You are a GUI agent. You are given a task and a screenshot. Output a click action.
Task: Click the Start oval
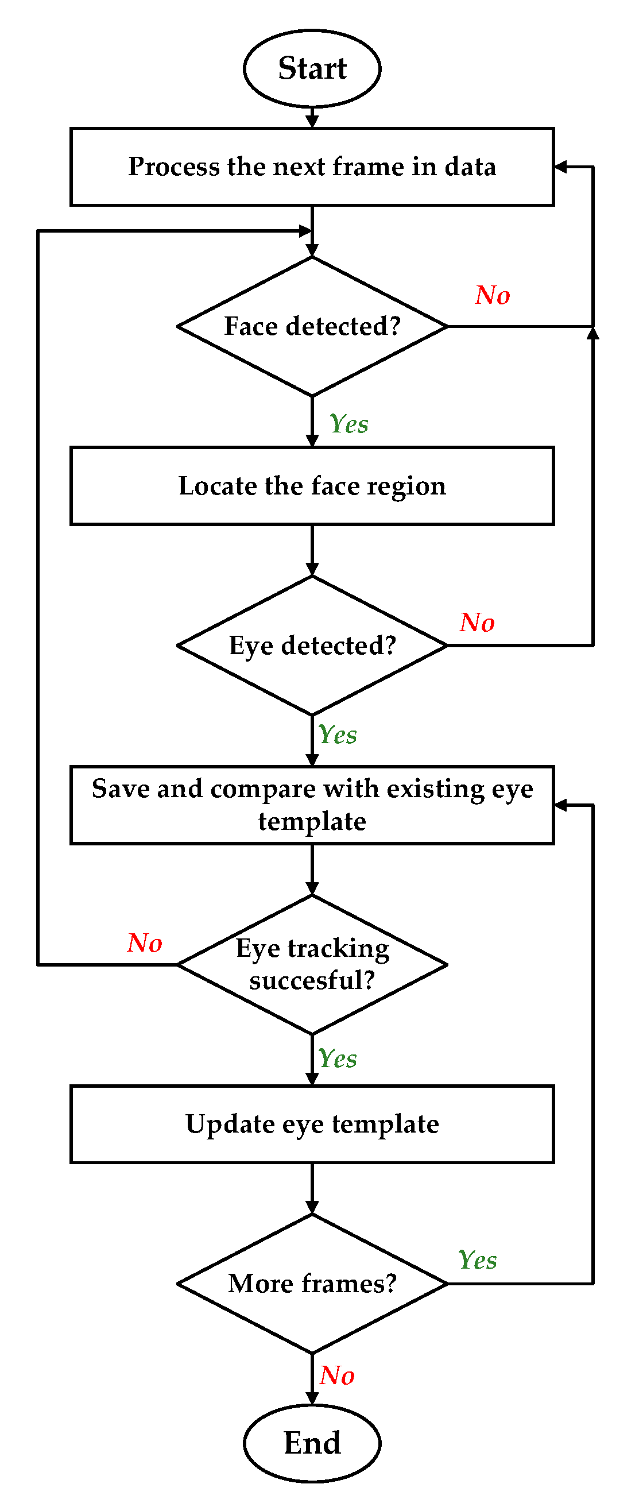click(312, 68)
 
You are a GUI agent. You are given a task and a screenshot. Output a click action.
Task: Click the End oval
click(312, 1443)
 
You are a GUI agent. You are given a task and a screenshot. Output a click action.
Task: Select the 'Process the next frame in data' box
click(312, 167)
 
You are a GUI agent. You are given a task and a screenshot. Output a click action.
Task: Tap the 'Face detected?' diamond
click(312, 326)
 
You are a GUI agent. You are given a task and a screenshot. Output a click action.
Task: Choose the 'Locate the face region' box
click(312, 485)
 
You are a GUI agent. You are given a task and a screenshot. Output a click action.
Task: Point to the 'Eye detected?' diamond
click(312, 646)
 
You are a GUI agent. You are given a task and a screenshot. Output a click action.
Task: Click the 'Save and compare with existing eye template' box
click(312, 805)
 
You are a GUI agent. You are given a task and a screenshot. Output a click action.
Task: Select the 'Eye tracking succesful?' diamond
click(312, 964)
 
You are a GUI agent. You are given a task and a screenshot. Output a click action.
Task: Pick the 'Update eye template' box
click(312, 1124)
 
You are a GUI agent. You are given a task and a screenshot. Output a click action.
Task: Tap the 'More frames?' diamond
click(312, 1284)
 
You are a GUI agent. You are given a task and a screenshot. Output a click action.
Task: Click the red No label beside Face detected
click(492, 295)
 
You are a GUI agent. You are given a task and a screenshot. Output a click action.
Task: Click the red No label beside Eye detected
click(477, 623)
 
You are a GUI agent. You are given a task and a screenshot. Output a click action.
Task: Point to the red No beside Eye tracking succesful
click(145, 943)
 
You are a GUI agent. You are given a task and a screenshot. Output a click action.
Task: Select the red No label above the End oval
click(337, 1375)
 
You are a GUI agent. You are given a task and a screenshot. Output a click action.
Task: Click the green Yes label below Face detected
click(349, 423)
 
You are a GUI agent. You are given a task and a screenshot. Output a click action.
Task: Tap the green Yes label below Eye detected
click(338, 735)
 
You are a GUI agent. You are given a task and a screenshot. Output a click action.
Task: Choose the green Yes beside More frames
click(478, 1260)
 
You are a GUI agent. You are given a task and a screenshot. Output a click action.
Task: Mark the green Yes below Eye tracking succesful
click(338, 1058)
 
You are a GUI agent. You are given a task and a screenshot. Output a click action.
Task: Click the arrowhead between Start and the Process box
click(312, 121)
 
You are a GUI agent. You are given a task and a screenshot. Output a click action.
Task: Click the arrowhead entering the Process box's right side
click(560, 167)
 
